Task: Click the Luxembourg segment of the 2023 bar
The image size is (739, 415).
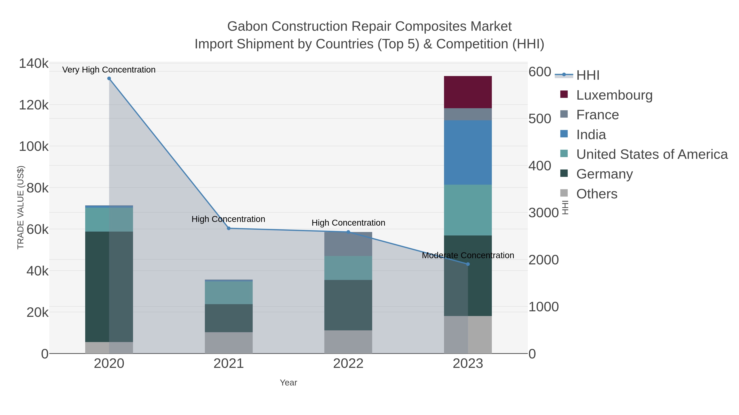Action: tap(468, 92)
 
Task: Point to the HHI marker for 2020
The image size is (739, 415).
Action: tap(109, 78)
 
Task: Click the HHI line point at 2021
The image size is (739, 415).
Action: tap(229, 228)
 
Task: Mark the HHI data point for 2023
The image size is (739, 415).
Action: tap(468, 264)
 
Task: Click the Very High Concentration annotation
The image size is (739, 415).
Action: tap(109, 70)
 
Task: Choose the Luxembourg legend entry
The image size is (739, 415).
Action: tap(614, 95)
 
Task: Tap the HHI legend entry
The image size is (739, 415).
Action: tap(588, 75)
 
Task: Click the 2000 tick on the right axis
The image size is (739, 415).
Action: tap(543, 260)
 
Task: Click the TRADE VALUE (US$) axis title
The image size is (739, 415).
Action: tap(21, 207)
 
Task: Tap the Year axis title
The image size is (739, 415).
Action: tap(288, 383)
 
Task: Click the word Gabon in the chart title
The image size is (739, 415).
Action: tap(247, 26)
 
